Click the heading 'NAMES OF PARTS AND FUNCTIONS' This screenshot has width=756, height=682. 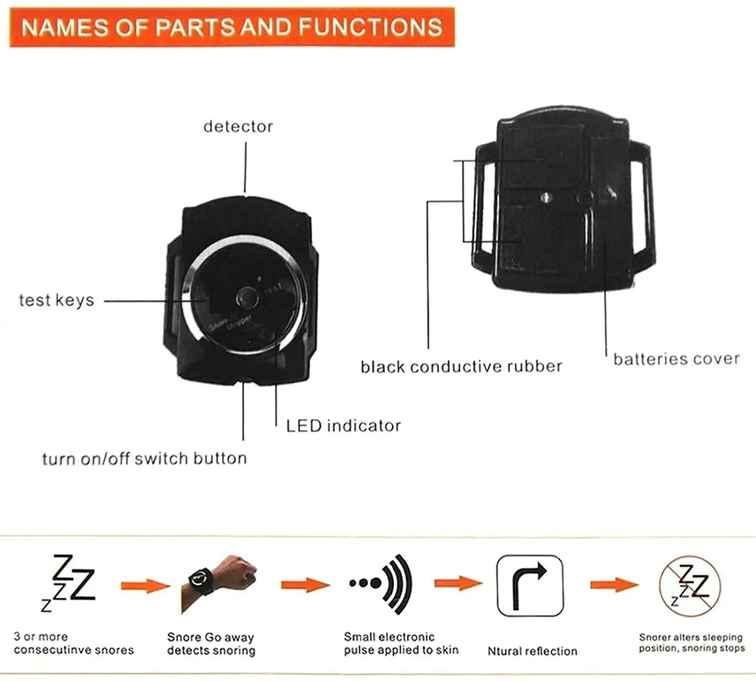click(x=232, y=28)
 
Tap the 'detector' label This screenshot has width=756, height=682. click(x=238, y=126)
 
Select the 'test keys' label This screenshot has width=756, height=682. click(x=56, y=300)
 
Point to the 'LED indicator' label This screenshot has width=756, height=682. click(x=343, y=426)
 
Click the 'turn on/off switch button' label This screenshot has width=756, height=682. click(x=144, y=459)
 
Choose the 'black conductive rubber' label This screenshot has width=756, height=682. click(x=461, y=367)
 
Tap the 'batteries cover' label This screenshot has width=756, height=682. click(x=676, y=359)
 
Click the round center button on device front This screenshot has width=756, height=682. click(x=246, y=297)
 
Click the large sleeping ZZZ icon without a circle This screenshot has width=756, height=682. click(x=69, y=582)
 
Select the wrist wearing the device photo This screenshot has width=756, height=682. click(x=221, y=581)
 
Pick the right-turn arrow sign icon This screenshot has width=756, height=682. click(x=529, y=586)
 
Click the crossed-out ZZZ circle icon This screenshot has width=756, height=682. click(x=690, y=586)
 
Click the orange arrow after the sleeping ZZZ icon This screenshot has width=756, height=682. click(x=144, y=585)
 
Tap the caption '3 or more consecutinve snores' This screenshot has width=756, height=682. click(x=73, y=644)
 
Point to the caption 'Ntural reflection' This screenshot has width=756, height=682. click(x=532, y=651)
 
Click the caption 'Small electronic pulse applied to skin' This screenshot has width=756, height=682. click(x=401, y=644)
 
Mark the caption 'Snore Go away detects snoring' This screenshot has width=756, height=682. click(x=211, y=644)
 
